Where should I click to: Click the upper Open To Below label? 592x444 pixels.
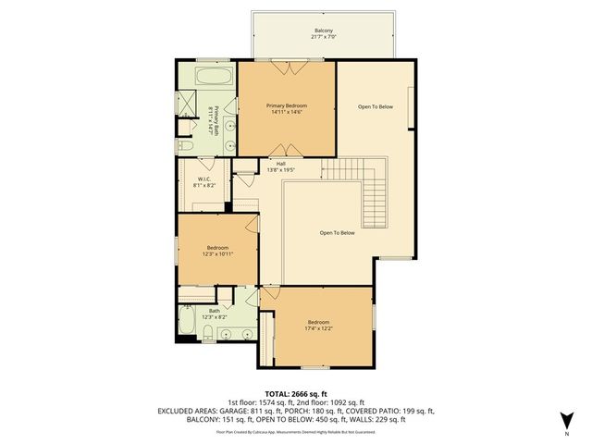coord(376,107)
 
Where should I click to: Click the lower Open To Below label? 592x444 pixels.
coord(337,232)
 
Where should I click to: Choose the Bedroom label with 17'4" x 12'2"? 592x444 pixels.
coord(318,325)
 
